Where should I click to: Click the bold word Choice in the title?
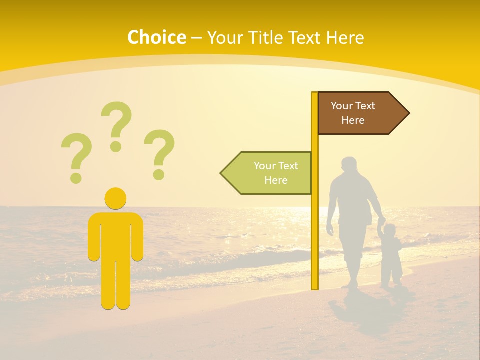156,38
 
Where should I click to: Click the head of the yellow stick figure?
115,198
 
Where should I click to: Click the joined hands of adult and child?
381,222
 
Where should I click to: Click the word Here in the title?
345,38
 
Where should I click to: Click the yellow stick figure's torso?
115,235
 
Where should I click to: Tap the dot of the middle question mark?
116,146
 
